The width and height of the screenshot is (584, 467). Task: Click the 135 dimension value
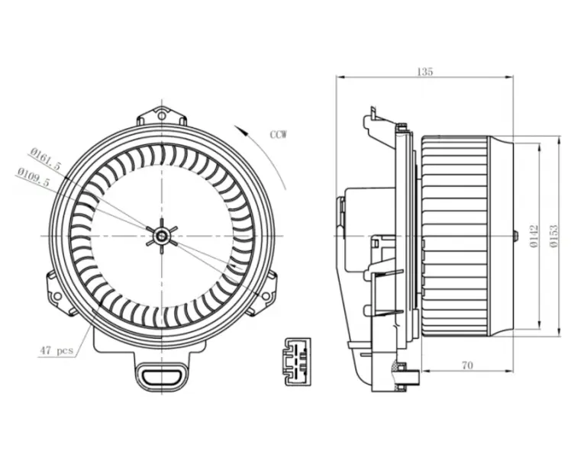[425, 72]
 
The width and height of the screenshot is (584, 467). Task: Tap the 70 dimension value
[467, 366]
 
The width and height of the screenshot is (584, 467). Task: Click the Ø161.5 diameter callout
[46, 159]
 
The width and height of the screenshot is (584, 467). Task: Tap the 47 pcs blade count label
[56, 350]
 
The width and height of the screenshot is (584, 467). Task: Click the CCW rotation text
[279, 134]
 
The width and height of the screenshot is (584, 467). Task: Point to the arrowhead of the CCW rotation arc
[242, 130]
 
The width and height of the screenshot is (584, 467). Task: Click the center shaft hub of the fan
[162, 236]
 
